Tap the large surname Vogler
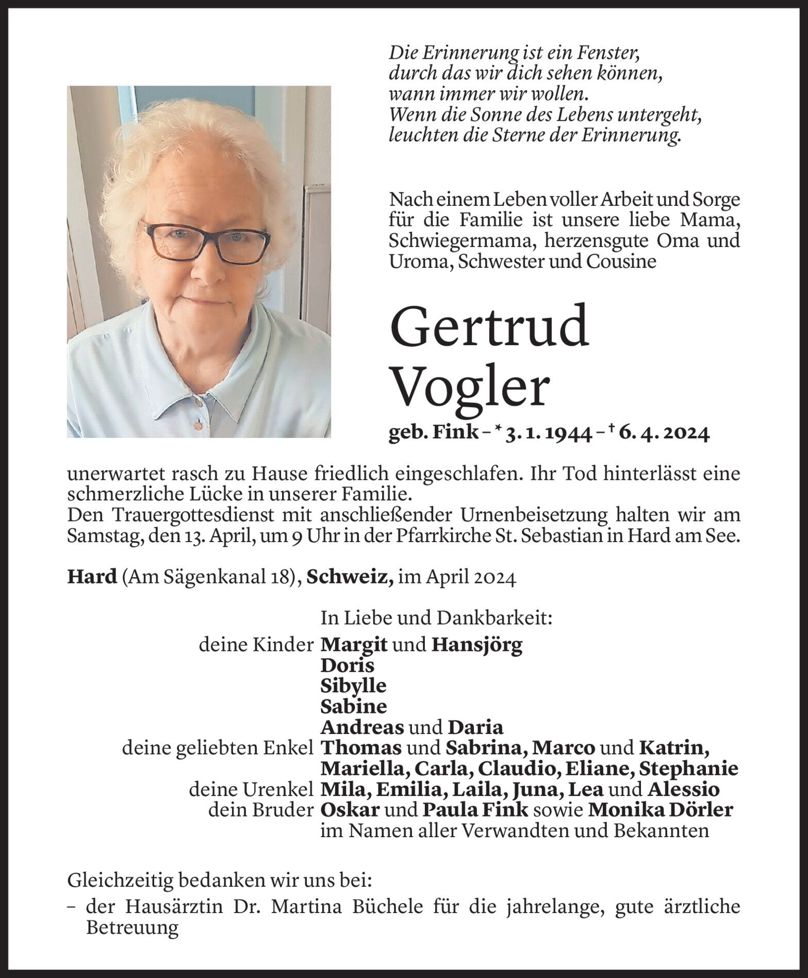pos(469,388)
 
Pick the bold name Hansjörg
pos(477,645)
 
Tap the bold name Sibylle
pos(353,686)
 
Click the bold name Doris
pos(347,665)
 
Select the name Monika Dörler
pos(660,810)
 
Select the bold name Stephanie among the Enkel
pos(688,769)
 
